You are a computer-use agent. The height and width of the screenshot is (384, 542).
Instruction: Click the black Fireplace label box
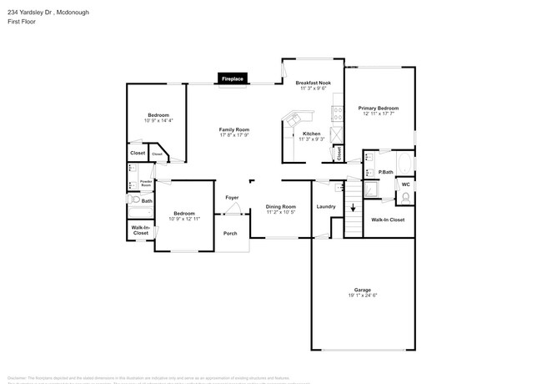[233, 78]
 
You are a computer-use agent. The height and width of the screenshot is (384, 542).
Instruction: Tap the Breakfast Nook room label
[314, 83]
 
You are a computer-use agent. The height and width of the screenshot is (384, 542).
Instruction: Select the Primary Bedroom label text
[379, 109]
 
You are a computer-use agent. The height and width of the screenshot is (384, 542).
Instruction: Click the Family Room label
[234, 129]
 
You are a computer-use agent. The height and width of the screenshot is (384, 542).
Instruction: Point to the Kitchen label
[311, 134]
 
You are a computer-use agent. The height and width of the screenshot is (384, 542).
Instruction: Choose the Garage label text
[362, 290]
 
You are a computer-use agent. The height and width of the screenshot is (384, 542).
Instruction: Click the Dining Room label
[281, 206]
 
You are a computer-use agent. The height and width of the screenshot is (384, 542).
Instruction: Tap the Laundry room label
[326, 206]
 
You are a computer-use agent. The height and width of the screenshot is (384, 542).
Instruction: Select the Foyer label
[233, 197]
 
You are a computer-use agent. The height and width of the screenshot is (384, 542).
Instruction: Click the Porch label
[230, 233]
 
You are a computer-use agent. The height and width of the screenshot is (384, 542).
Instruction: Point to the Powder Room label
[146, 183]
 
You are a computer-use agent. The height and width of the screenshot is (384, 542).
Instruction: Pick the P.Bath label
[385, 173]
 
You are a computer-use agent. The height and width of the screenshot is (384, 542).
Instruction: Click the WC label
[405, 184]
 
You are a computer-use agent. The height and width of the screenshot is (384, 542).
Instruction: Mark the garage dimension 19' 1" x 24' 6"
[362, 296]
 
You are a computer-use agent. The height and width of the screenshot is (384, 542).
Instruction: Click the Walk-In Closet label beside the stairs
[388, 220]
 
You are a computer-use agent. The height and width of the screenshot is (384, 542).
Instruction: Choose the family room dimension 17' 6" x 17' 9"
[234, 135]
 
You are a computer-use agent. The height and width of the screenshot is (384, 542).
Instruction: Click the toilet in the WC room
[405, 198]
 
